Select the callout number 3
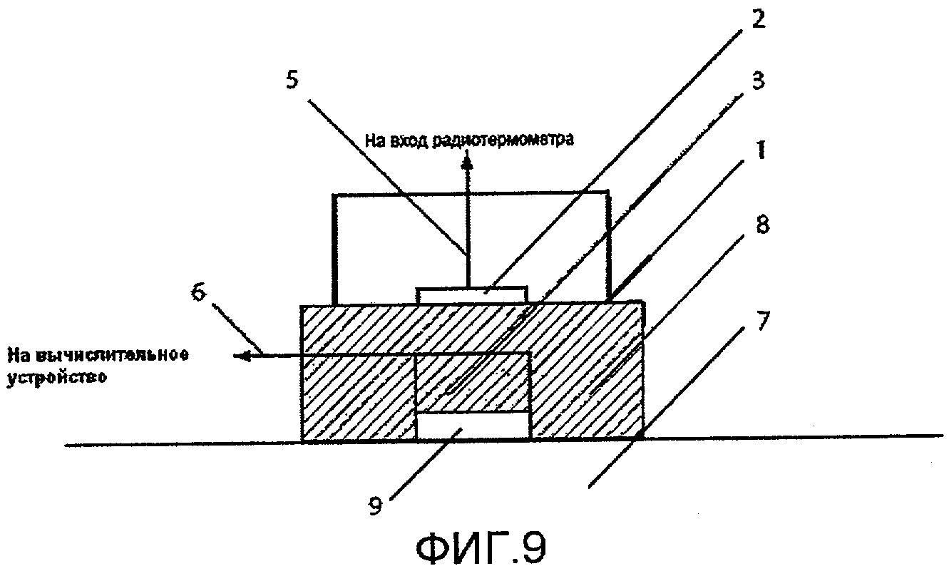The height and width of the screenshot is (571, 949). pyautogui.click(x=759, y=81)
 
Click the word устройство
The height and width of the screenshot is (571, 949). pyautogui.click(x=56, y=379)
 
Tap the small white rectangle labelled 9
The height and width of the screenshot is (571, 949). pyautogui.click(x=472, y=426)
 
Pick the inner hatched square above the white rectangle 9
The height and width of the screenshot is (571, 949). pyautogui.click(x=472, y=383)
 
